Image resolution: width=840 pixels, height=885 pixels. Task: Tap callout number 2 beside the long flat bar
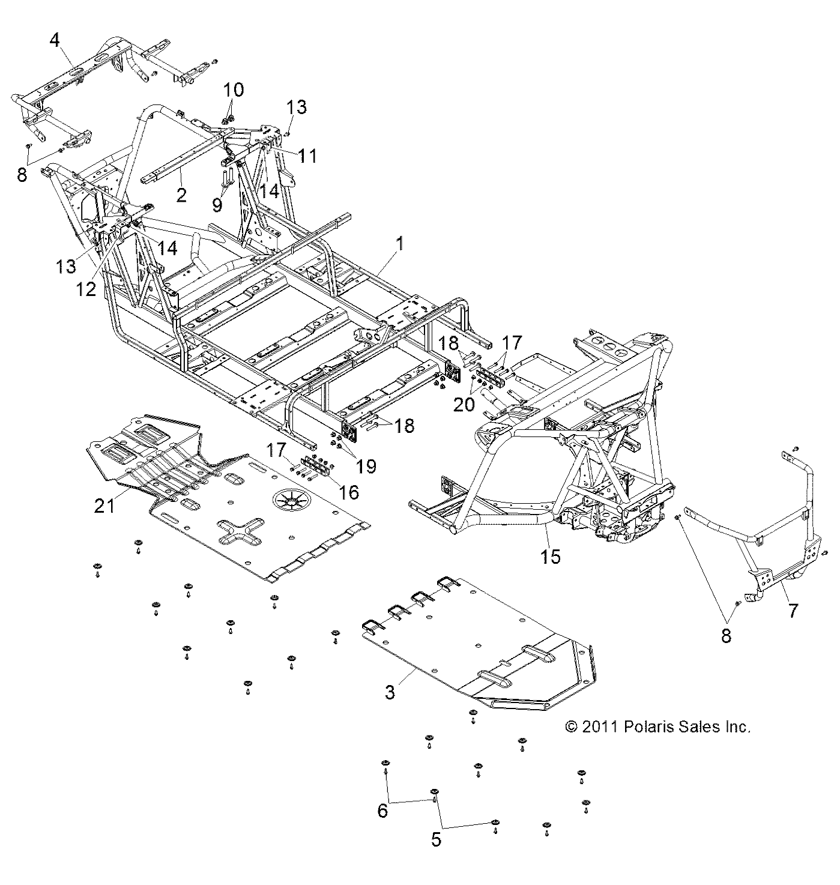point(181,195)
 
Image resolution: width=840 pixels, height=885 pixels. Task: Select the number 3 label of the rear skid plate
point(390,692)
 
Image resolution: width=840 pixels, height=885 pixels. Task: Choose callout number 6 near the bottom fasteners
point(382,811)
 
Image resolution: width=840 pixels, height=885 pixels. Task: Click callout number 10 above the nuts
point(234,91)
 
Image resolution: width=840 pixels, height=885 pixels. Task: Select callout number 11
point(307,156)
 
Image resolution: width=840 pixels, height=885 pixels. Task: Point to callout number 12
point(86,289)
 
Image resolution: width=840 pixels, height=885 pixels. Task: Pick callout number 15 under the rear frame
point(550,557)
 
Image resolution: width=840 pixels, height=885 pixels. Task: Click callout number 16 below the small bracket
point(349,492)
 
